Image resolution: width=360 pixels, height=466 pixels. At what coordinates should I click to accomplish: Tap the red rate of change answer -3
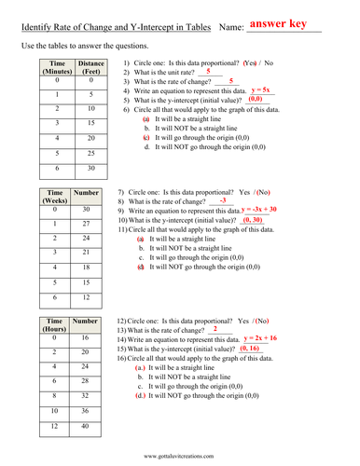pyautogui.click(x=222, y=200)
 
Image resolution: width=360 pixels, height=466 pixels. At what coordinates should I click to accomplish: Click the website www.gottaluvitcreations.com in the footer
pyautogui.click(x=181, y=456)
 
